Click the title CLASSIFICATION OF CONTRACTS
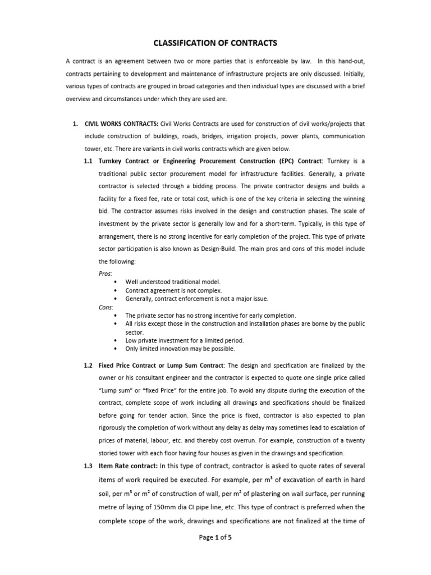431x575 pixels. tap(215, 43)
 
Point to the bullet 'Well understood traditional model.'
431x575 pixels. tap(173, 282)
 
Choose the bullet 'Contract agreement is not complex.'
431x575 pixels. tap(173, 291)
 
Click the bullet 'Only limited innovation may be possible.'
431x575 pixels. tap(180, 349)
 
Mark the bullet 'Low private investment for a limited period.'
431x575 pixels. tap(184, 340)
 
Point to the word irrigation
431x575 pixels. tap(237, 136)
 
